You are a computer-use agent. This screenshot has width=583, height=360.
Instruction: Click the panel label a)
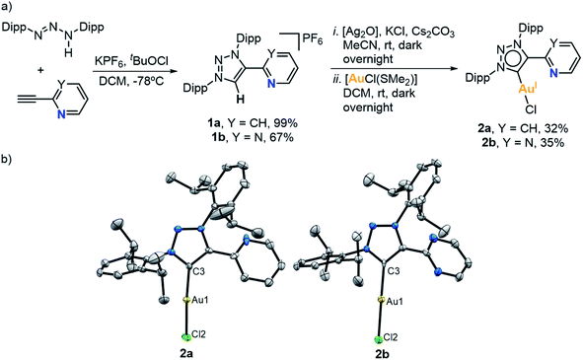tap(9, 7)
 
